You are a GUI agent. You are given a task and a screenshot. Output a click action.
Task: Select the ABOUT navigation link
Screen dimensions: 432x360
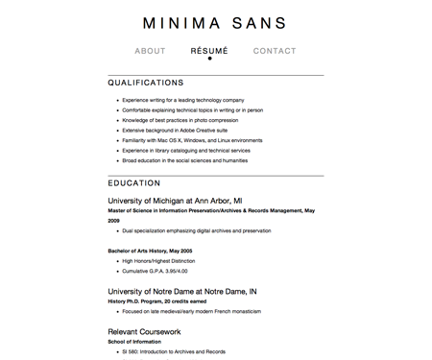tap(151, 51)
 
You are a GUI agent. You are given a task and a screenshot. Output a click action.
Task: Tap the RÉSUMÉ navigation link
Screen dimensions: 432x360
tap(209, 51)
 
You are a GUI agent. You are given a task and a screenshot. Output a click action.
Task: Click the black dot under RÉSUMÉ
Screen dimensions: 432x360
tap(210, 60)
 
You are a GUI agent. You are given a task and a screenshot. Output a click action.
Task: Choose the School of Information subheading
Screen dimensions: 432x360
tap(136, 342)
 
